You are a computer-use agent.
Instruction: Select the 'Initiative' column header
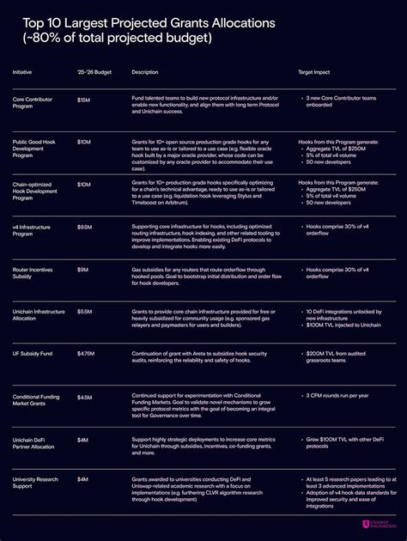[22, 71]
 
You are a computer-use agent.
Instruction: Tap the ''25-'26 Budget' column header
[93, 71]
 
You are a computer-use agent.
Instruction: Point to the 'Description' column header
[145, 71]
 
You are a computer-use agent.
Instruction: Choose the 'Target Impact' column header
[316, 71]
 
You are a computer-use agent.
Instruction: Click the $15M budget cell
[83, 100]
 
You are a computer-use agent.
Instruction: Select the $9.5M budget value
[85, 227]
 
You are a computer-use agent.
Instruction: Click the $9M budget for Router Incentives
[83, 269]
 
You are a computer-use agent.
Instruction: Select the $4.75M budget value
[87, 353]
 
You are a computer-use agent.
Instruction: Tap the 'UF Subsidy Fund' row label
[33, 353]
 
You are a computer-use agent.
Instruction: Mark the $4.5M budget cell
[85, 396]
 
